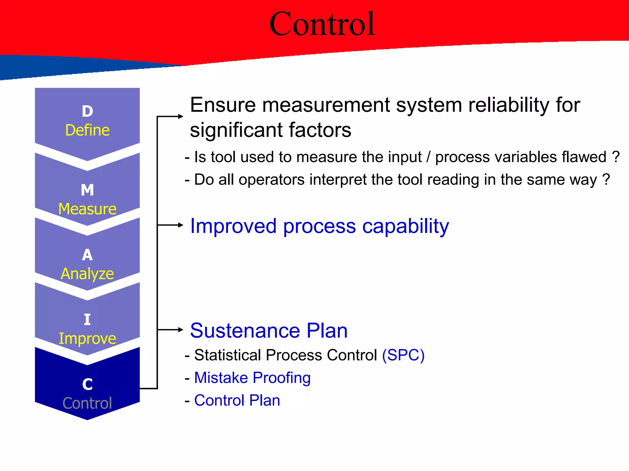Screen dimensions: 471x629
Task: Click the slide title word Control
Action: coord(322,24)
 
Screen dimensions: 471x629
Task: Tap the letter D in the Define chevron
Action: coord(87,111)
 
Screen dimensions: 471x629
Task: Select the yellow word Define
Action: coord(87,130)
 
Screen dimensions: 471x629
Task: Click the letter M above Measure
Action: coord(87,190)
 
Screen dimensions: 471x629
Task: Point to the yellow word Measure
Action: coord(87,209)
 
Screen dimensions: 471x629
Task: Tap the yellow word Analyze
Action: coord(87,274)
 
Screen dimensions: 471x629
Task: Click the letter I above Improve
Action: coord(87,320)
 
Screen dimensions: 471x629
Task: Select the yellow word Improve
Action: coord(87,339)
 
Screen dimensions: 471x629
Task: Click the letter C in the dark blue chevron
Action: coord(87,384)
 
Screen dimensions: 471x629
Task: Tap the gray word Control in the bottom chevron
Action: coord(87,403)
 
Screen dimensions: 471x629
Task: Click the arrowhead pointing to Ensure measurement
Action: coord(181,116)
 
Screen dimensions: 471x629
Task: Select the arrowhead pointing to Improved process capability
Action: coord(181,225)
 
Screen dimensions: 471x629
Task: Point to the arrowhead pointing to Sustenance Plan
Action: coord(181,330)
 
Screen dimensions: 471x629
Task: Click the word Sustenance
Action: coord(245,331)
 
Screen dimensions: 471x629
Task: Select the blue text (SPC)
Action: coord(403,355)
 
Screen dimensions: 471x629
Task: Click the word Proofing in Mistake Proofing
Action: coord(282,378)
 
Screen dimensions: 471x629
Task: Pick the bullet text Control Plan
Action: coord(237,400)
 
